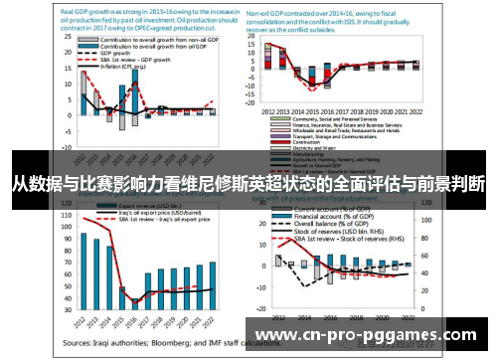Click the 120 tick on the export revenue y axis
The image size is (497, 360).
66,212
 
